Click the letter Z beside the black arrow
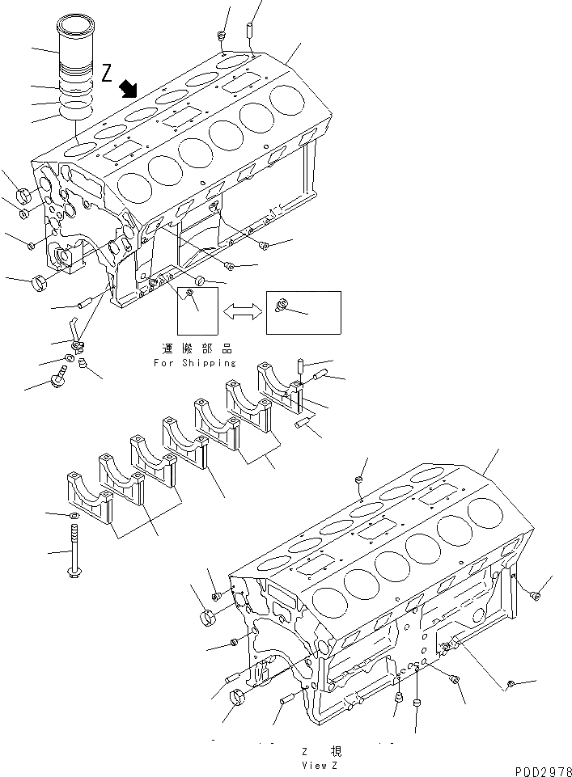coord(108,73)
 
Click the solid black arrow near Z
coord(128,89)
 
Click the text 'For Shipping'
coord(195,363)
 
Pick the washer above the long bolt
coord(74,515)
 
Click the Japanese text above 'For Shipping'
coord(197,349)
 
